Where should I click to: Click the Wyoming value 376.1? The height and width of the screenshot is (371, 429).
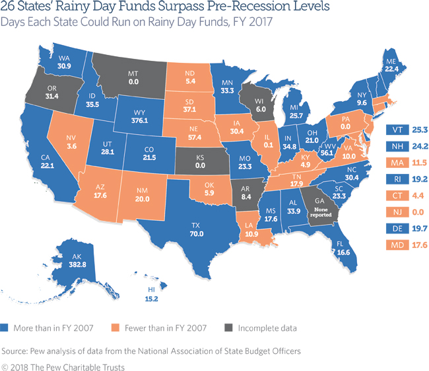click(x=139, y=120)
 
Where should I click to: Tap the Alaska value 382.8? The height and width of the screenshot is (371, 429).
click(x=77, y=265)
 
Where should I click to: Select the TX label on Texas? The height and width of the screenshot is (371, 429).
click(x=195, y=226)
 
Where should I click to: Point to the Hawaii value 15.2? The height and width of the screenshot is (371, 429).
click(x=151, y=299)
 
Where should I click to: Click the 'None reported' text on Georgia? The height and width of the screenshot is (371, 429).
click(x=321, y=212)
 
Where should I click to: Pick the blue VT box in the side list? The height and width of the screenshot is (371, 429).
click(x=397, y=130)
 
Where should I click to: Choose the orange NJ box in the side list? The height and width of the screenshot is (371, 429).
click(x=397, y=212)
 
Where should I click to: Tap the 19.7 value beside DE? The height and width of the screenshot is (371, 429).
click(x=420, y=228)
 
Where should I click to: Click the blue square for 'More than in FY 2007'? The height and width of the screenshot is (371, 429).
click(x=4, y=328)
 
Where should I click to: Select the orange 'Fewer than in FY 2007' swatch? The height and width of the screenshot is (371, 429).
click(x=115, y=328)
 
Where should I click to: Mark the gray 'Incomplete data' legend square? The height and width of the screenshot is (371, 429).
click(x=229, y=328)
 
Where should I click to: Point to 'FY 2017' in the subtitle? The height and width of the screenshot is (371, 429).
click(x=253, y=22)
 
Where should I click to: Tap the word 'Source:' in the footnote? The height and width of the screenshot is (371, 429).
click(x=15, y=351)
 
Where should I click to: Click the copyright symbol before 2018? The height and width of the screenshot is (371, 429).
click(x=5, y=367)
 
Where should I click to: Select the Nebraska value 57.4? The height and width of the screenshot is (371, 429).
click(x=195, y=137)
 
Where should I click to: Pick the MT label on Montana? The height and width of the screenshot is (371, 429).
click(x=133, y=73)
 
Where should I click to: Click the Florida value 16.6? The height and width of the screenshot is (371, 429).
click(x=343, y=252)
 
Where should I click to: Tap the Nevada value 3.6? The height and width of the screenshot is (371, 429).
click(x=72, y=146)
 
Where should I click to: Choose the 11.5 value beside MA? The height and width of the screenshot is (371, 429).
click(x=419, y=163)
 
